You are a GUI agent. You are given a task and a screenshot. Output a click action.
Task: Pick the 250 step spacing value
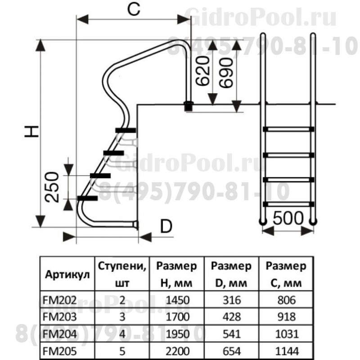[53, 186]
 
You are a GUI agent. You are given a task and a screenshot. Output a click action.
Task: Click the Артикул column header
[67, 275]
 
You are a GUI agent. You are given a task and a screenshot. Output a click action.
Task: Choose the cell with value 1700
[176, 316]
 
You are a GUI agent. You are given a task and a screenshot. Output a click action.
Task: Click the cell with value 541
[232, 333]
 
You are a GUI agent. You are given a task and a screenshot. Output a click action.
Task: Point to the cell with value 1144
[286, 349]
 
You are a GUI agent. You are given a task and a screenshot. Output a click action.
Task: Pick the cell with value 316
[232, 300]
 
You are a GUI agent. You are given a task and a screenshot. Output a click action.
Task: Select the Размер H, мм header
[176, 275]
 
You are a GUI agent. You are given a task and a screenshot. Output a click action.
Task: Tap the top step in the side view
[125, 130]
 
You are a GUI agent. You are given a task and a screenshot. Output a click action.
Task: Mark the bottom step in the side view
[87, 198]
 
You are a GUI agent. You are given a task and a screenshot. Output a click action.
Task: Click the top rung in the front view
[288, 129]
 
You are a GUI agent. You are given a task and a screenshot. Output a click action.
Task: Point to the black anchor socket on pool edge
[188, 106]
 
